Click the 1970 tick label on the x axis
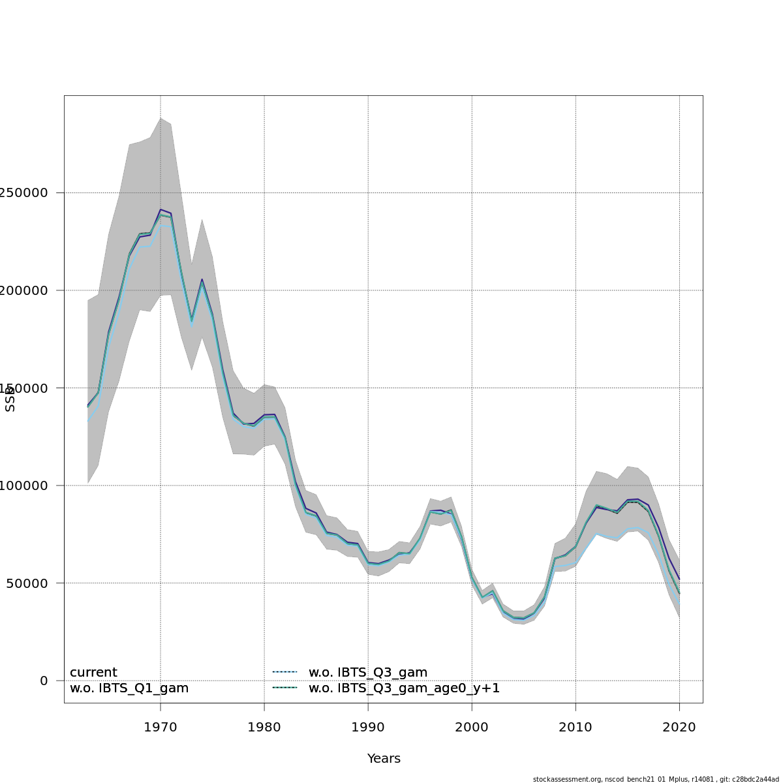pyautogui.click(x=161, y=727)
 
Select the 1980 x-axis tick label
pyautogui.click(x=264, y=727)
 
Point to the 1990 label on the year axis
pyautogui.click(x=368, y=727)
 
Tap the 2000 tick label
pyautogui.click(x=472, y=727)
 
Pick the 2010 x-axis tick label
pyautogui.click(x=576, y=727)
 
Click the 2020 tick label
pyautogui.click(x=679, y=727)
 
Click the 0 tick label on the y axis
pyautogui.click(x=44, y=681)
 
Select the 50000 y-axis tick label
pyautogui.click(x=26, y=583)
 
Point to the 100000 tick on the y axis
pyautogui.click(x=23, y=485)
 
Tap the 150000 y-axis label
pyautogui.click(x=23, y=388)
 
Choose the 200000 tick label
pyautogui.click(x=23, y=290)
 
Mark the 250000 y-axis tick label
pyautogui.click(x=23, y=193)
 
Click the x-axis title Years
pyautogui.click(x=384, y=759)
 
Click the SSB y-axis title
pyautogui.click(x=10, y=399)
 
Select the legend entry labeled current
pyautogui.click(x=93, y=673)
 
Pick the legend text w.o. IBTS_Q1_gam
pyautogui.click(x=129, y=688)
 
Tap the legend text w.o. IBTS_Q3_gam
pyautogui.click(x=368, y=673)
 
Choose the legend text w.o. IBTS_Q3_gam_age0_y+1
pyautogui.click(x=404, y=688)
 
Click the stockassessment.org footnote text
pyautogui.click(x=656, y=779)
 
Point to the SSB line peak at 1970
pyautogui.click(x=161, y=209)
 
